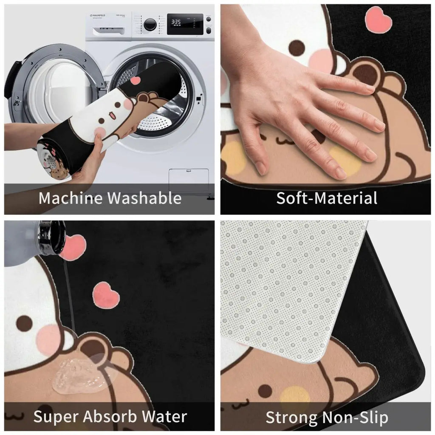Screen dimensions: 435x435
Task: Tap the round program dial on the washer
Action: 150,24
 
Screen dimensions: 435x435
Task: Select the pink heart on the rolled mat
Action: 136,80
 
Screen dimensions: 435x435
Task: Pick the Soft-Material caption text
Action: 327,198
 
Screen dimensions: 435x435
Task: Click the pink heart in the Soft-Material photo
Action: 378,20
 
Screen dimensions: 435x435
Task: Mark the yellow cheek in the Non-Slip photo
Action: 294,395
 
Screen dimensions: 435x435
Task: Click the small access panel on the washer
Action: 189,179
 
